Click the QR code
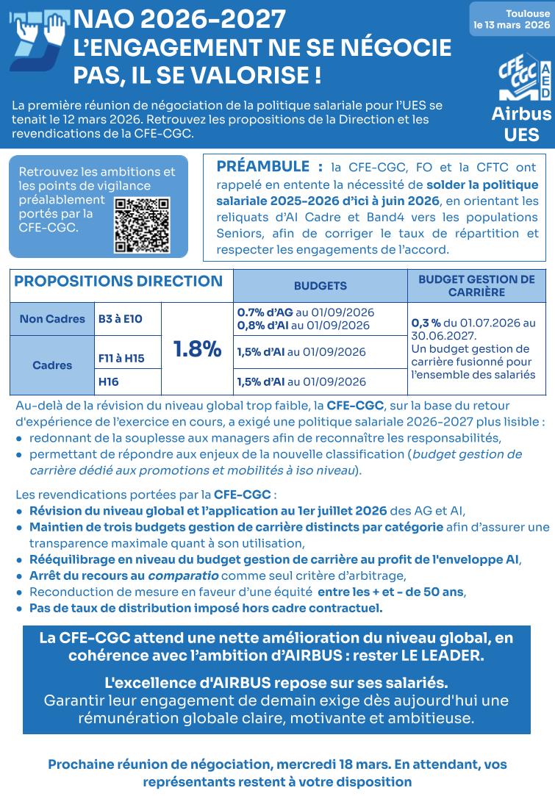pos(143,225)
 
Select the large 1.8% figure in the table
pos(197,349)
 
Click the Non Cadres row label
pos(52,319)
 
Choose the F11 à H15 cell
pos(121,359)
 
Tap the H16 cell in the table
pos(109,381)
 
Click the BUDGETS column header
pos(321,286)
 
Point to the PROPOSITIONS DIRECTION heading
pos(118,282)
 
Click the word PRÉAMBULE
pos(262,166)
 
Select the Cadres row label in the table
pos(52,365)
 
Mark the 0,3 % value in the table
pos(426,323)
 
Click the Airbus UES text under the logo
pos(521,124)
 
